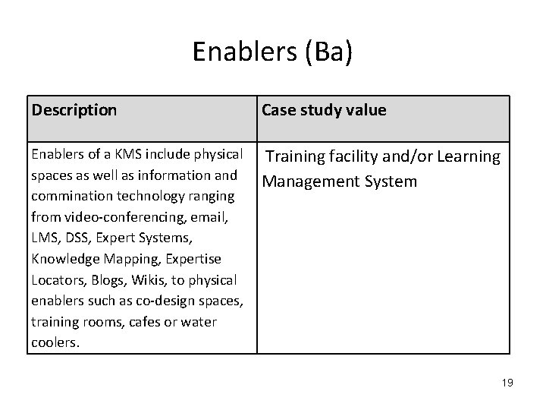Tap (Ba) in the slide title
[328, 52]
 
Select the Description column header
[74, 110]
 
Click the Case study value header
[324, 110]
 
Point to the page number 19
[507, 383]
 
